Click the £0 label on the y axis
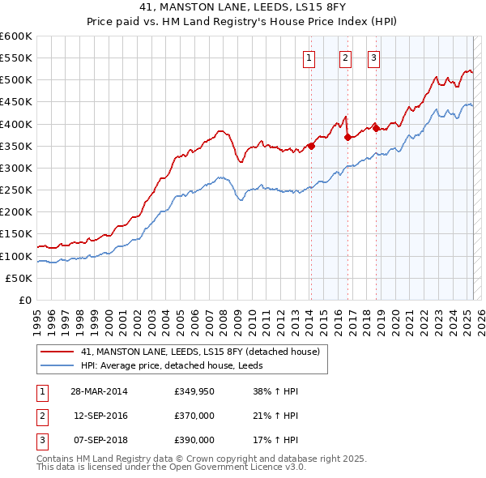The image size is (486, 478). (x=25, y=301)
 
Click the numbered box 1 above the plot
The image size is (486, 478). (x=310, y=58)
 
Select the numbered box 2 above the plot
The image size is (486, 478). (x=345, y=58)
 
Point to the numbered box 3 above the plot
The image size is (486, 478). (x=373, y=58)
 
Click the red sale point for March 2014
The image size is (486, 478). (x=311, y=146)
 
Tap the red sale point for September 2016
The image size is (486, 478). (x=347, y=137)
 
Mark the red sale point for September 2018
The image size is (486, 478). (x=375, y=128)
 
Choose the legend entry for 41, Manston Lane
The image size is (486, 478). (x=201, y=352)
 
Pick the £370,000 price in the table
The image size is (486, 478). (x=194, y=416)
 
